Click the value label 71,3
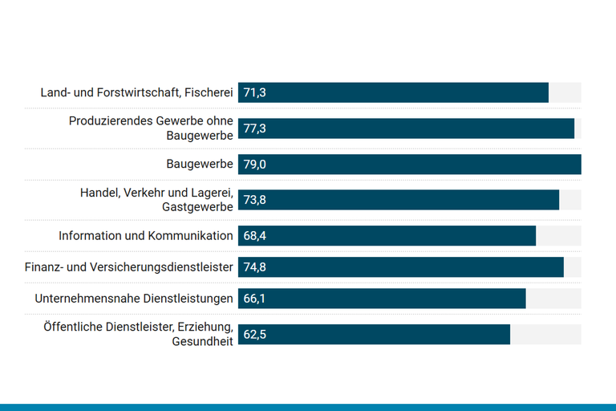[254, 92]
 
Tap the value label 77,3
[254, 128]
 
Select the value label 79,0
[254, 165]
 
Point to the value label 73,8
[254, 200]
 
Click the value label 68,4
[254, 235]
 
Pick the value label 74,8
[254, 267]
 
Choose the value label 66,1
[254, 299]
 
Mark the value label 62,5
[254, 334]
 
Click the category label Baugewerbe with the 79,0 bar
[200, 165]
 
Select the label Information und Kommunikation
[146, 236]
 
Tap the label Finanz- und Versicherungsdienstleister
[129, 267]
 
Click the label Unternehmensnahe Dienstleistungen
[134, 299]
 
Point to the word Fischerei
[209, 93]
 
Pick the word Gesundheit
[202, 341]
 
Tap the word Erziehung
[208, 327]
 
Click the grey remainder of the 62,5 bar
[545, 334]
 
